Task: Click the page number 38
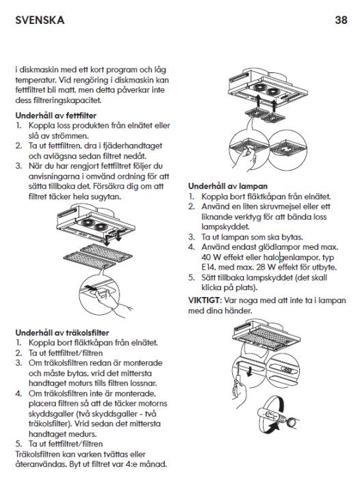point(341,20)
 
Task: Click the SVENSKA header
point(40,20)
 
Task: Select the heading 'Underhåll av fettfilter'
point(56,115)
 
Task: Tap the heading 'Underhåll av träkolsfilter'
point(62,333)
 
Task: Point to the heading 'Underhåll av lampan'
point(228,186)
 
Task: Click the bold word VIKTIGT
point(204,300)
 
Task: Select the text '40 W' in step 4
point(211,257)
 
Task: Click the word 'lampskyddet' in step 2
point(225,227)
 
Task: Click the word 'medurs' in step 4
point(83,434)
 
